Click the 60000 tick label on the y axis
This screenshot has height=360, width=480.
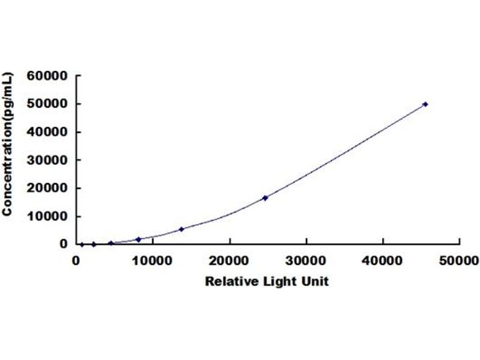point(47,76)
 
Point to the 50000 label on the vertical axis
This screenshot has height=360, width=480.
point(47,104)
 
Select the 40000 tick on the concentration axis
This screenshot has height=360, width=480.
point(47,132)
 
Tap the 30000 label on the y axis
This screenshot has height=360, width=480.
point(47,160)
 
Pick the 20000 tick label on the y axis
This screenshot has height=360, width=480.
point(47,188)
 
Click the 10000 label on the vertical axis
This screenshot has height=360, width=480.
point(47,216)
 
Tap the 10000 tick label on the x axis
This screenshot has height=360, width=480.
point(153,260)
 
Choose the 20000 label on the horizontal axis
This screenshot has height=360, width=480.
point(230,260)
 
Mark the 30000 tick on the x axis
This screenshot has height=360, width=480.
point(307,260)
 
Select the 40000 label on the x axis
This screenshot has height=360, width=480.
point(383,260)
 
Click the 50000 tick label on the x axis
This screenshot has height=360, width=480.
point(460,260)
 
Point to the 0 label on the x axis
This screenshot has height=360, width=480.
point(76,260)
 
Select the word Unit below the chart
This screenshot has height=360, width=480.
point(316,281)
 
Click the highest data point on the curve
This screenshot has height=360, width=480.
point(425,104)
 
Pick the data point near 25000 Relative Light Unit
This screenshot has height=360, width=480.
point(265,197)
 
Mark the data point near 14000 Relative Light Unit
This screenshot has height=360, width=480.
point(182,229)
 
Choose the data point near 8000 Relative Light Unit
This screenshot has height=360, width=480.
point(139,239)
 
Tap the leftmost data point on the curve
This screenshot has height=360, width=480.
point(82,244)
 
